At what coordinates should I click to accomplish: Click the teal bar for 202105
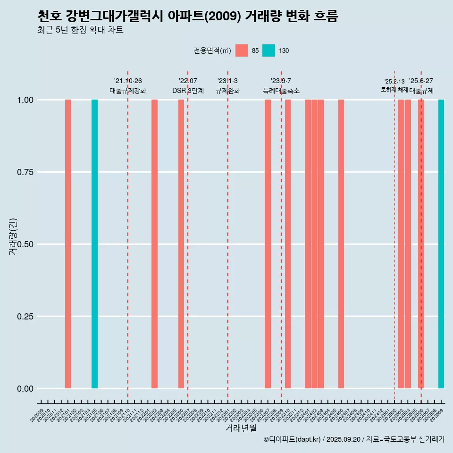(94, 244)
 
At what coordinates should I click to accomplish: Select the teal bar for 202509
(441, 244)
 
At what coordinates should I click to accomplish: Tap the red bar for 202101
(68, 244)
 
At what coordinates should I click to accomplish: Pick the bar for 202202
(154, 244)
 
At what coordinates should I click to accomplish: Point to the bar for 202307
(268, 244)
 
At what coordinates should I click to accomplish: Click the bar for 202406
(341, 244)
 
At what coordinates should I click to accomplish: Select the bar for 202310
(288, 244)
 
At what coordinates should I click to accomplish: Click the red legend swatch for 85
(242, 50)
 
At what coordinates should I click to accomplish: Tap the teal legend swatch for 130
(268, 50)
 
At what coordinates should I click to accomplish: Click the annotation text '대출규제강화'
(128, 91)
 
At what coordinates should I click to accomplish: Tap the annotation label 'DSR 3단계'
(188, 91)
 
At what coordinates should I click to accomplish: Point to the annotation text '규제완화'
(228, 91)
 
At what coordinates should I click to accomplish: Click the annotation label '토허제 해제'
(394, 90)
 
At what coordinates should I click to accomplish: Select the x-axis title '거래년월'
(241, 428)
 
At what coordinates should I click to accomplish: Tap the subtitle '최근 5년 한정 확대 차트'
(80, 30)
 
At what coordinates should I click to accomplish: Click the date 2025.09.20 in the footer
(343, 440)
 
